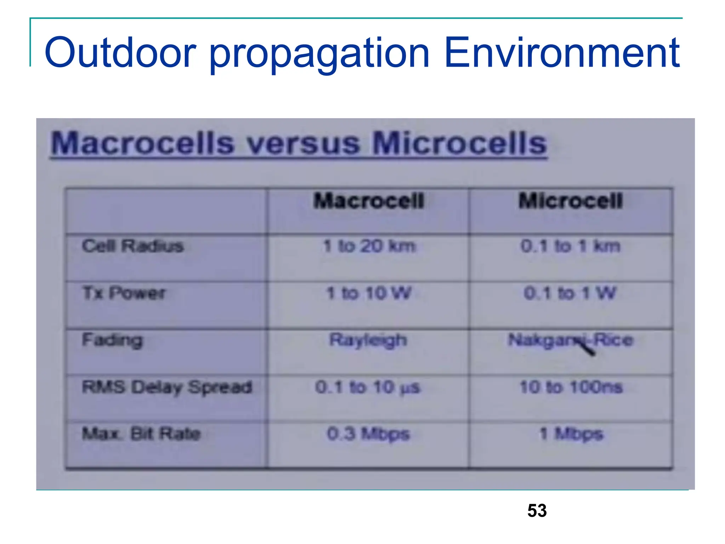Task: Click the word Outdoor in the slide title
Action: [120, 53]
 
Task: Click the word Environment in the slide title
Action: [562, 53]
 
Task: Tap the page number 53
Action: [537, 511]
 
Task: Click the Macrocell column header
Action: [369, 201]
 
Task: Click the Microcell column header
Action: [570, 201]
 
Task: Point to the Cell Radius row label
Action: [133, 246]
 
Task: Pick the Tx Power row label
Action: [124, 293]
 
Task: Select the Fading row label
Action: [113, 340]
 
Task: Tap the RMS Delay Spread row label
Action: [167, 387]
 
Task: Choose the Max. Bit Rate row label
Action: [141, 433]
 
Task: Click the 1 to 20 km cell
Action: [369, 246]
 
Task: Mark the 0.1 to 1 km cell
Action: [570, 246]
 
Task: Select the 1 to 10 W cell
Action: [369, 293]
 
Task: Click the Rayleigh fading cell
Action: [368, 340]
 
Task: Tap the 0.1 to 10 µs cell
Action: [367, 387]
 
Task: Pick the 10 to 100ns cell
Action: [571, 387]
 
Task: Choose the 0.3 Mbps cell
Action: [368, 434]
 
